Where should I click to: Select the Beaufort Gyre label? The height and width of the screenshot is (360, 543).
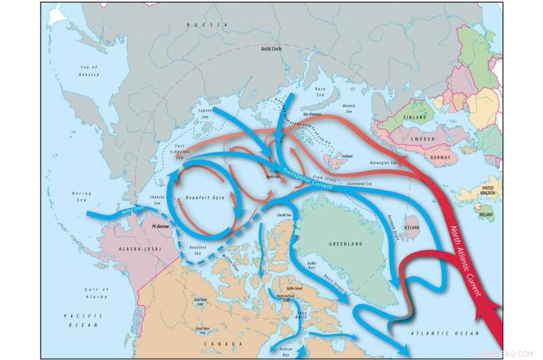point(204,198)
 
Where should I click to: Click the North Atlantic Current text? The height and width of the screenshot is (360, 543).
point(473,259)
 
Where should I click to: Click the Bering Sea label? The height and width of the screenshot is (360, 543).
point(81,196)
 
